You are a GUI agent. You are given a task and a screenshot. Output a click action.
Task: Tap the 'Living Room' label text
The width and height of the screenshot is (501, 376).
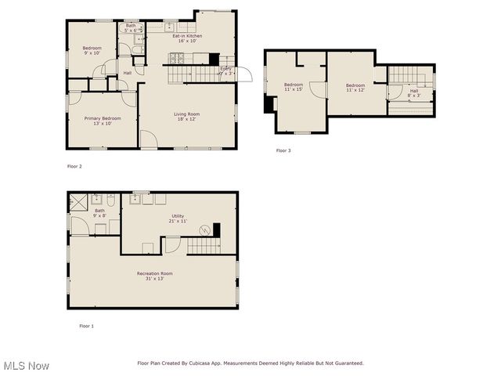pos(186,114)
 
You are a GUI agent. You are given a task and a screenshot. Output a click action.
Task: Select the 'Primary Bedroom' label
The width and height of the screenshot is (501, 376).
pos(103,118)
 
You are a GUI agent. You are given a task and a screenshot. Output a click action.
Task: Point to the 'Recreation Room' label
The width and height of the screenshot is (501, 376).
pos(154,273)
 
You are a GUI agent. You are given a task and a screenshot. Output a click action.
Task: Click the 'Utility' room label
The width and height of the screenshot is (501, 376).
pos(178,215)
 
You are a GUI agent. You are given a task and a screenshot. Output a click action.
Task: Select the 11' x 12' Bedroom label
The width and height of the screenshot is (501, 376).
pos(355,85)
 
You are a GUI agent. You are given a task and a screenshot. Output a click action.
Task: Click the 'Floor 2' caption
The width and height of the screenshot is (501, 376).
pos(74,166)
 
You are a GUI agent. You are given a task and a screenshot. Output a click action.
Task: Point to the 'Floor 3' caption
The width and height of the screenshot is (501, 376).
pos(283,150)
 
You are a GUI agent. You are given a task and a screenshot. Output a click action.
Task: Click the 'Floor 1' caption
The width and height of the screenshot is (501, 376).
pos(86,325)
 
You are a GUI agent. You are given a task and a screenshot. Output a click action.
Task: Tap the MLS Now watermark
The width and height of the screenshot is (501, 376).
pos(27,366)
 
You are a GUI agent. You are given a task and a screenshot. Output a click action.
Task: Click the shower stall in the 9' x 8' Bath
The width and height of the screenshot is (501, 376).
pos(78,201)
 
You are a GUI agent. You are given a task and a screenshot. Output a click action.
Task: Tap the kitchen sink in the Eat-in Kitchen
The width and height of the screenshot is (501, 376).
pos(169,26)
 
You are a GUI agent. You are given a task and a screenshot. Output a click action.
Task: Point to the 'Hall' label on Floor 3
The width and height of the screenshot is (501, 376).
pos(413,90)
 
